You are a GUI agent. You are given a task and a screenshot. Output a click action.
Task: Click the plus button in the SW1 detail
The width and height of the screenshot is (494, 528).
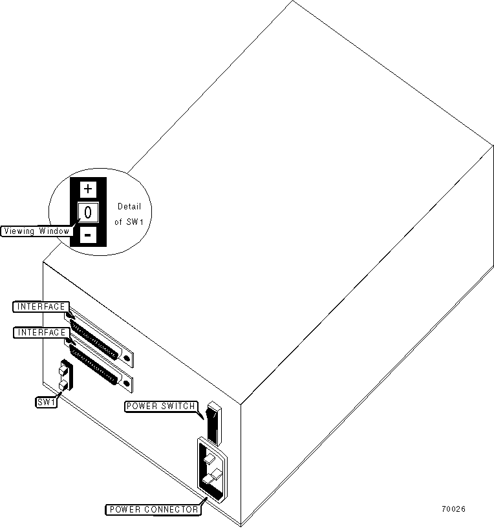click(89, 189)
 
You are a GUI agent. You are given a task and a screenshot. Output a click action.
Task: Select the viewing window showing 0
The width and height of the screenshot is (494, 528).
click(89, 211)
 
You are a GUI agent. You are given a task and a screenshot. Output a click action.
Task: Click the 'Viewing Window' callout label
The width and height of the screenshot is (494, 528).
click(36, 231)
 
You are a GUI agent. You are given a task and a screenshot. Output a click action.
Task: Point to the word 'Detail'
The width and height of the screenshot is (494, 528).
click(129, 207)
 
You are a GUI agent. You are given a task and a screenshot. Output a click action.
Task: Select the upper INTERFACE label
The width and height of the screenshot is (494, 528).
click(40, 306)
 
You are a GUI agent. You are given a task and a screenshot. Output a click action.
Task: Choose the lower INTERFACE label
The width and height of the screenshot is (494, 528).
click(40, 332)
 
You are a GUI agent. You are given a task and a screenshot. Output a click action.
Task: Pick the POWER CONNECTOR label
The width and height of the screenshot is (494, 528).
click(153, 509)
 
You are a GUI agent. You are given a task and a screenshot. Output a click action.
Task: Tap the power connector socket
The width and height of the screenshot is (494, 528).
click(213, 470)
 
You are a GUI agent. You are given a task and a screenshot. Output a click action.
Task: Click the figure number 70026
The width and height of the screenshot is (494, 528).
click(453, 509)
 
